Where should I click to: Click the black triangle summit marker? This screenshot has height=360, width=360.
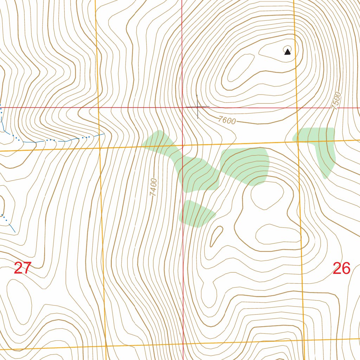tap(288, 52)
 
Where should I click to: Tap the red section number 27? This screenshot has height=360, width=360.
tap(22, 269)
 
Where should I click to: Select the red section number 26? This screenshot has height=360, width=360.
tap(341, 269)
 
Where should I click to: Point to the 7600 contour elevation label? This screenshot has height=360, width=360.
tap(227, 121)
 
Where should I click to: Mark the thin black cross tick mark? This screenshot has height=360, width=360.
tap(198, 107)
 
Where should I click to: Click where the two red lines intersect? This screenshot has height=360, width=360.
tap(182, 108)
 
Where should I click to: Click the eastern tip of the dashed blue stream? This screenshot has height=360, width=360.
tap(104, 134)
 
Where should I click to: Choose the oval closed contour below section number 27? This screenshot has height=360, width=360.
tap(19, 301)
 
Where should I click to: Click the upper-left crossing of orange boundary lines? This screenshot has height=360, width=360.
tap(100, 148)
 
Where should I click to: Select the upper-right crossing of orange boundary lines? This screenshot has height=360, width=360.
tap(298, 141)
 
